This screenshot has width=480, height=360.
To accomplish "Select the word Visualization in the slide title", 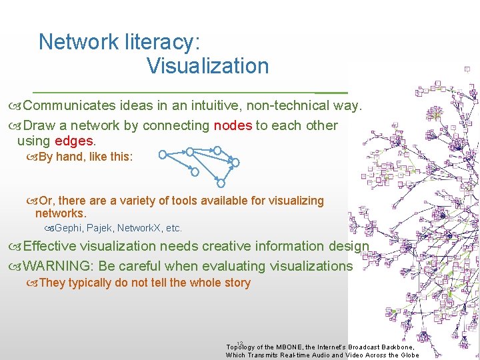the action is [x=207, y=66].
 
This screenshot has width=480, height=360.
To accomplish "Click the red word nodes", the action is [x=233, y=125].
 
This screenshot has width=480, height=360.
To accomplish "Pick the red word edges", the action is [x=74, y=141].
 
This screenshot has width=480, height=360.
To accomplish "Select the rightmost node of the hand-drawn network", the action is [x=235, y=161].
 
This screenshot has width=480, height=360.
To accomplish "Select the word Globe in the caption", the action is [x=407, y=355].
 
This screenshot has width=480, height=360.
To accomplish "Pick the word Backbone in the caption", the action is [x=395, y=347].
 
